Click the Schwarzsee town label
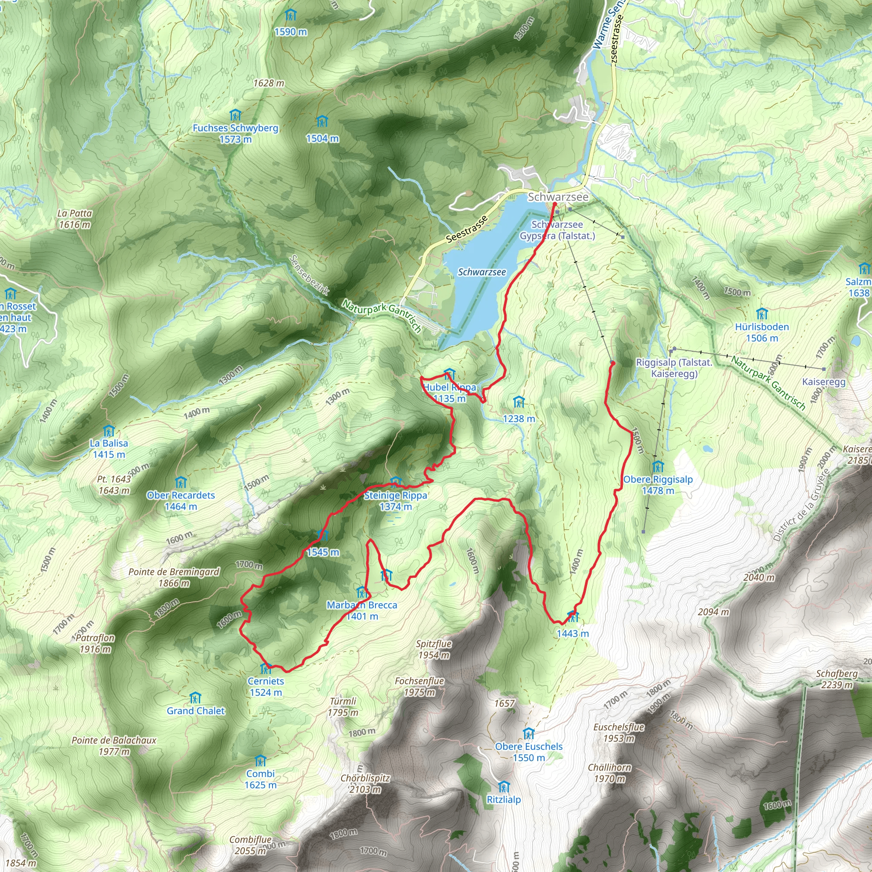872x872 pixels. tap(558, 197)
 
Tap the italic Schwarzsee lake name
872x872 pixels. tap(482, 272)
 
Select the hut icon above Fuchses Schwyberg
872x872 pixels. tap(235, 115)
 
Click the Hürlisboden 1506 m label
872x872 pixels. tap(762, 332)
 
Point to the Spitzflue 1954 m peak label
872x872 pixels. tap(433, 649)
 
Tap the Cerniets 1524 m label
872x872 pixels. tap(266, 686)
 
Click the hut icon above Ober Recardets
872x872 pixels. tap(181, 482)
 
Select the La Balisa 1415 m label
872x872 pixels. tap(109, 449)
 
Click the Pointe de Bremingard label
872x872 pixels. tap(174, 577)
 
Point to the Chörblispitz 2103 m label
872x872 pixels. tap(365, 783)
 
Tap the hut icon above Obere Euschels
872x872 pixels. tap(528, 734)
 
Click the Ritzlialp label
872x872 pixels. tap(504, 799)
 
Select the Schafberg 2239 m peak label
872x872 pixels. tap(836, 679)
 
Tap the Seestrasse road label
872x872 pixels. tap(467, 229)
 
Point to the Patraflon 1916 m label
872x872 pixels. tap(95, 644)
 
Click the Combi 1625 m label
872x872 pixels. tap(261, 779)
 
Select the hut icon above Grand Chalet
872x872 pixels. tap(195, 698)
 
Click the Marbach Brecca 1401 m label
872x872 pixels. tap(362, 610)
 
